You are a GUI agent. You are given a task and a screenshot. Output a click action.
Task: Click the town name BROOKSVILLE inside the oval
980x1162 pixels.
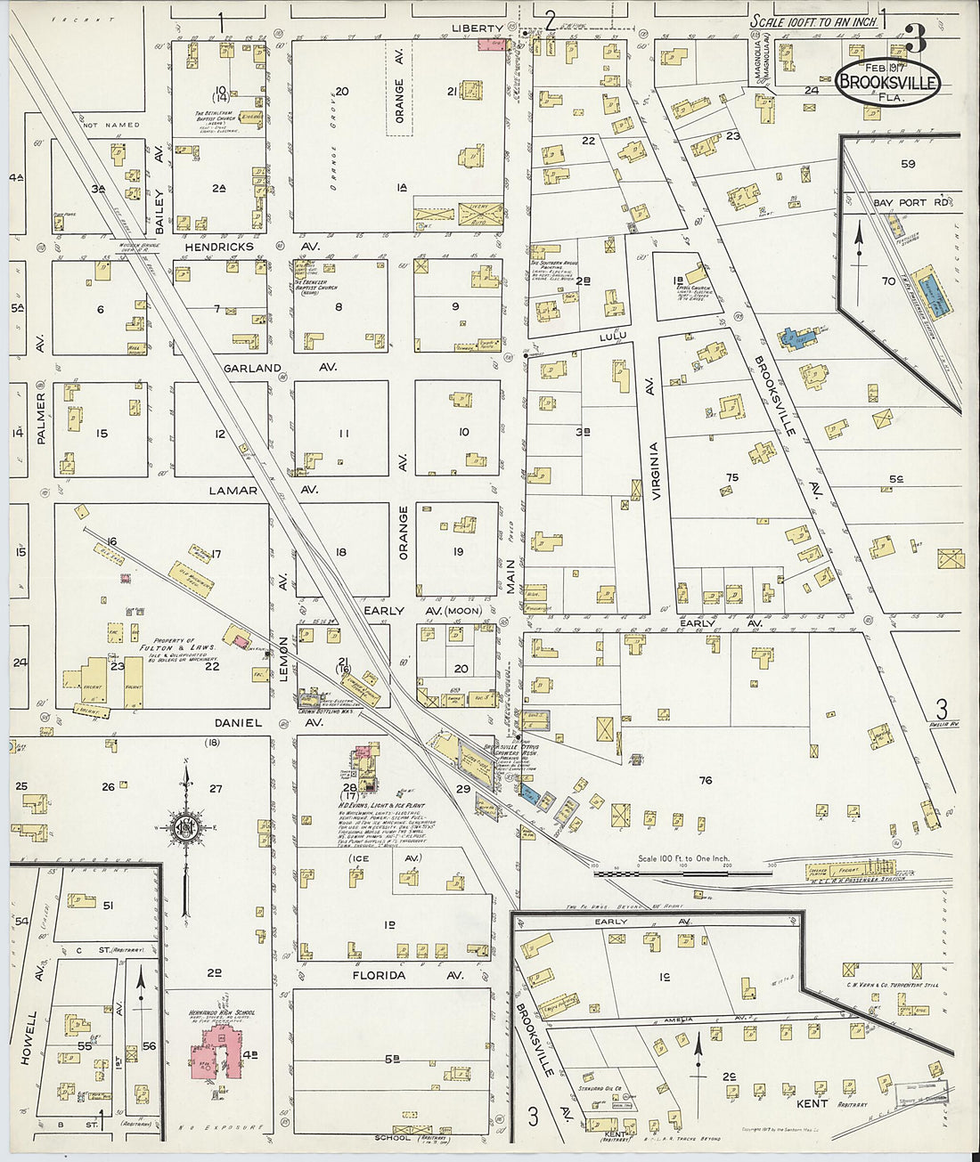(887, 83)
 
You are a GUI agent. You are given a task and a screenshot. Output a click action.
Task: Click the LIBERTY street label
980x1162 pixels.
(478, 28)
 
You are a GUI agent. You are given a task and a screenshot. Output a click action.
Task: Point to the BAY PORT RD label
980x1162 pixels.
(911, 203)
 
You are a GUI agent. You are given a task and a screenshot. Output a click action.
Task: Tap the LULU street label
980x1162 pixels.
(614, 335)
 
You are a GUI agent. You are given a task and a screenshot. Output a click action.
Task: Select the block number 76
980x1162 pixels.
(706, 781)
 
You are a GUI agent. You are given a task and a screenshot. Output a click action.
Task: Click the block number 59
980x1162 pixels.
(907, 164)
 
